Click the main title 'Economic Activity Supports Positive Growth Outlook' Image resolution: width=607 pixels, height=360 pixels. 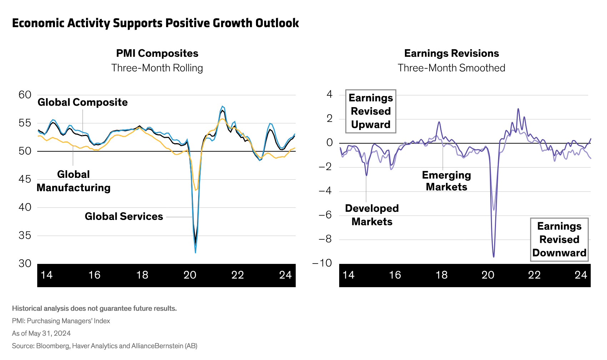coord(155,23)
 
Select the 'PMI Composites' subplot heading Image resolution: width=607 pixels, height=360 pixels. coord(157,53)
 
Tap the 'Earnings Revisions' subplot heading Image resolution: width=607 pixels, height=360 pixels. coord(451,53)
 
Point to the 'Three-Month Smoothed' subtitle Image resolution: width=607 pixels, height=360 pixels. coord(451,68)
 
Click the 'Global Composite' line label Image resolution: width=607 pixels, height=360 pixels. coord(82,102)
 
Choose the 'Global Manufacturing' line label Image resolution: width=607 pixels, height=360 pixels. coord(74,181)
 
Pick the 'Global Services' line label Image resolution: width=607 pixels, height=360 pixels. coord(124,216)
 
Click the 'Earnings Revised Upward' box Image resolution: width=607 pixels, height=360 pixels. coord(371,111)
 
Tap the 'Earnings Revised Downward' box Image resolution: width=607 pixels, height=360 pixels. coord(559,239)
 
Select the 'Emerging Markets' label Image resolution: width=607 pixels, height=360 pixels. coord(446,181)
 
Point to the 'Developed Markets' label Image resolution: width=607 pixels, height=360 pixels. coord(372,215)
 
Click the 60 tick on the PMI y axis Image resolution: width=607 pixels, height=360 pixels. coord(25,95)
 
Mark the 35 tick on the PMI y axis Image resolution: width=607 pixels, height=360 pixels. coord(25,235)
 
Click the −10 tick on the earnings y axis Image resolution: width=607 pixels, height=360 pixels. coord(322,263)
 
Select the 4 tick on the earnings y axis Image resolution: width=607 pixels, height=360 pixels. coord(329,94)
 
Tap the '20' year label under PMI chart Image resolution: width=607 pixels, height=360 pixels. coord(190,275)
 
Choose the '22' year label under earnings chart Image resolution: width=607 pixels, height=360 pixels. coord(534,275)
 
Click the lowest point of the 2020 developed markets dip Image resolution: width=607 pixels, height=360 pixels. coord(494,257)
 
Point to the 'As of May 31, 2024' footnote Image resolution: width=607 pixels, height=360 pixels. coord(41,333)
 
